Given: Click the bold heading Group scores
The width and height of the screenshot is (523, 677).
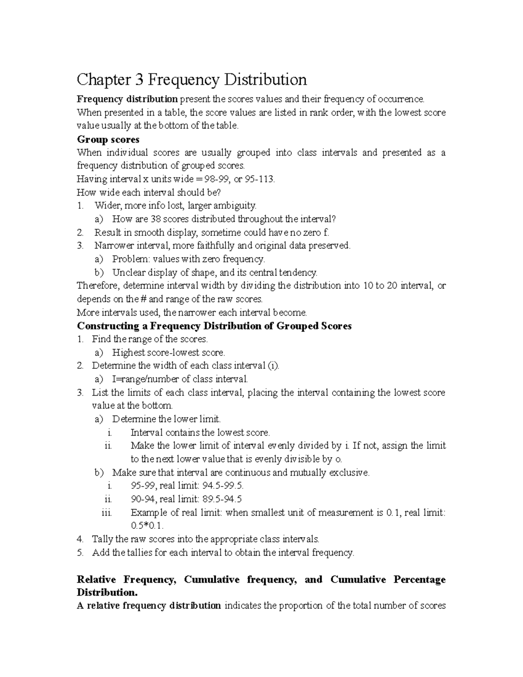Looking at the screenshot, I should (108, 139).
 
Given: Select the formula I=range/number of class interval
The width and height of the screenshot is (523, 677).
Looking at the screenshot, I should (180, 379).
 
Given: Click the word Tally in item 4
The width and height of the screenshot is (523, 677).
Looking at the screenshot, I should (102, 539).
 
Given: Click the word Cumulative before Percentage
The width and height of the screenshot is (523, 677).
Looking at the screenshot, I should (358, 580).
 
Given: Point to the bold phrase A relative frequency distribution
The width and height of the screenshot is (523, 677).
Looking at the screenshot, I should (149, 606).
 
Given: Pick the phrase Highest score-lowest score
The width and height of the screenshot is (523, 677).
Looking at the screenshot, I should (169, 353).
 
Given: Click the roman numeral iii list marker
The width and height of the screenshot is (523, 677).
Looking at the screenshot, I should (107, 513).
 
